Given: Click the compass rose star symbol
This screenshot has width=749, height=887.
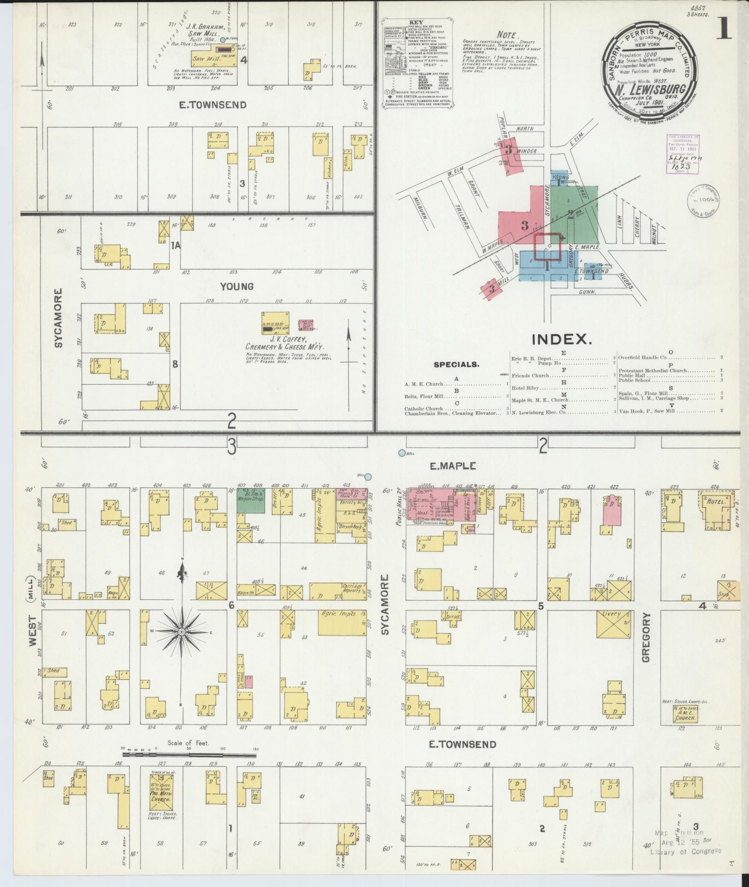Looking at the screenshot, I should [x=182, y=632].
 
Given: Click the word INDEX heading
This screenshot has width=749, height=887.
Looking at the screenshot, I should [x=561, y=339].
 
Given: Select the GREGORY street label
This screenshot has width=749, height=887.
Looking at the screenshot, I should [x=645, y=637].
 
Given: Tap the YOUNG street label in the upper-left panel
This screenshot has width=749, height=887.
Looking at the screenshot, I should [x=236, y=287].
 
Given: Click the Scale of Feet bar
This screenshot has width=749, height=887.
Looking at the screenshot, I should [x=189, y=755].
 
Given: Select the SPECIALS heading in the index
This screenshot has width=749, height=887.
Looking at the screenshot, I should [x=456, y=364].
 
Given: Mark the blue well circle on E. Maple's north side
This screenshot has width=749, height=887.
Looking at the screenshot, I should [x=402, y=453].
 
